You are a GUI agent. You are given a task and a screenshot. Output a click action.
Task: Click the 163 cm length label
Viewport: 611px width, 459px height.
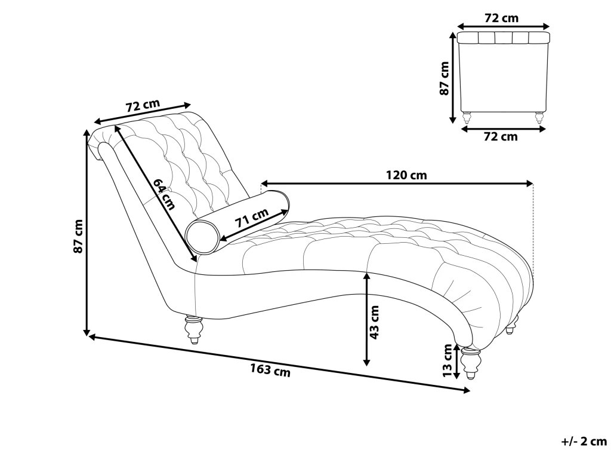(x=270, y=370)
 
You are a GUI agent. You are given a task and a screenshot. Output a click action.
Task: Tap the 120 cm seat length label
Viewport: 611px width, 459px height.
(x=406, y=175)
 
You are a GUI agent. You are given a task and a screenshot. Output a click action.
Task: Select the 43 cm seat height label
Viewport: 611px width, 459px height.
(x=375, y=322)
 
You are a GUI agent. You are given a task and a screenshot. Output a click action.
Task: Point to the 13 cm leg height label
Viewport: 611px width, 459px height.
(x=448, y=361)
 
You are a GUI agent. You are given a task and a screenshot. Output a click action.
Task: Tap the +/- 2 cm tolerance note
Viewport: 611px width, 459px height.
(x=584, y=442)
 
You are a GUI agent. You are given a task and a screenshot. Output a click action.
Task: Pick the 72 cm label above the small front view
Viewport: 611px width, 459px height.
(x=501, y=18)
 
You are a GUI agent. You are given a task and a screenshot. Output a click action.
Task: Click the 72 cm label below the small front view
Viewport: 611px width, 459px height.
(x=501, y=137)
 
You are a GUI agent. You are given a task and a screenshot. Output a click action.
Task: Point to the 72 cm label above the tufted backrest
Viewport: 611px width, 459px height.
(x=143, y=106)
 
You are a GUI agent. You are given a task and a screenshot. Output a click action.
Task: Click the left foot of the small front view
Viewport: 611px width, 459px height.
(x=467, y=117)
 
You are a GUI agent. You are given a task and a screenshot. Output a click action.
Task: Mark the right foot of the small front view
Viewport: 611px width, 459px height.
(x=539, y=117)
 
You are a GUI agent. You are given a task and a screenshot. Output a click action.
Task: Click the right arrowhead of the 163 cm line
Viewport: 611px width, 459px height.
(x=467, y=391)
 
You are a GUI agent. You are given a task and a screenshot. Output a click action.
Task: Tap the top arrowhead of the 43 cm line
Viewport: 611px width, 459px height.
(x=367, y=276)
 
